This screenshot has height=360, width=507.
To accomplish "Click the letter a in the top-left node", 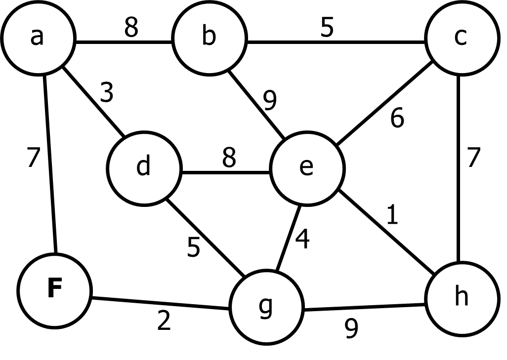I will click(x=37, y=37).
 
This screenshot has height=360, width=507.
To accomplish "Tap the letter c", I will click(x=461, y=37).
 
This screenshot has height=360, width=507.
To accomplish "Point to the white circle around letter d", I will click(x=124, y=183).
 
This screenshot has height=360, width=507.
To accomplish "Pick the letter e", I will click(x=306, y=167).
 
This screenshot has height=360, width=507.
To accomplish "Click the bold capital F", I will click(x=54, y=289).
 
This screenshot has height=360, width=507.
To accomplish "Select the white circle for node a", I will click(x=20, y=54).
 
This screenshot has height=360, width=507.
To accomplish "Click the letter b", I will click(x=209, y=37).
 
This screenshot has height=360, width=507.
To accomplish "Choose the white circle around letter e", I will click(x=289, y=185).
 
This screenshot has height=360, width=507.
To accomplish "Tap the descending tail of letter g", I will click(x=265, y=316).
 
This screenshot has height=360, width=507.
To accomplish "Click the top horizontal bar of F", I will click(x=55, y=280).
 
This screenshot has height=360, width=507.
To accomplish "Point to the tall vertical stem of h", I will click(x=456, y=296).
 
